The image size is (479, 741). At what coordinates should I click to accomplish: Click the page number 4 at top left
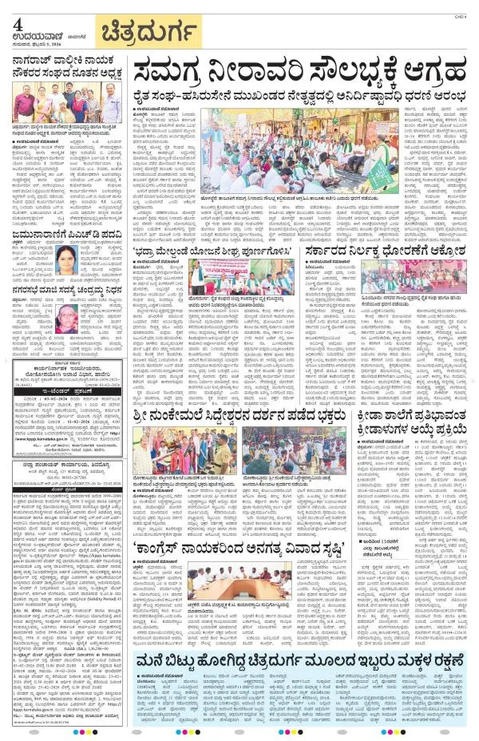click(x=18, y=25)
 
